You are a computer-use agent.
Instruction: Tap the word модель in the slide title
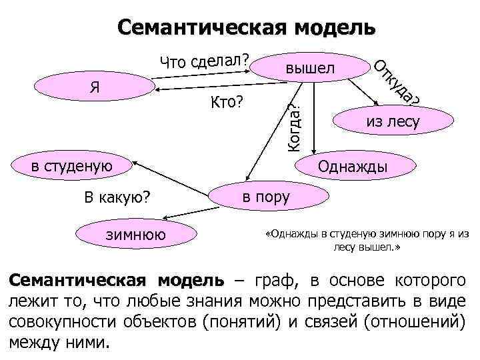point(333,27)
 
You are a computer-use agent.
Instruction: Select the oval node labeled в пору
point(266,196)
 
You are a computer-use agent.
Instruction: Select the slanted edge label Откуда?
point(396,84)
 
